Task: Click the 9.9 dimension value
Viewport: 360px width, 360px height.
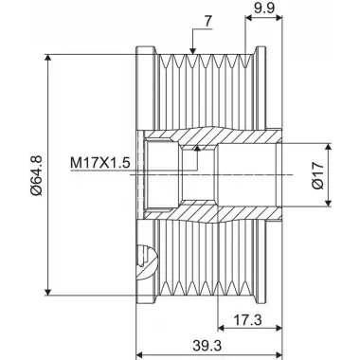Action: click(264, 7)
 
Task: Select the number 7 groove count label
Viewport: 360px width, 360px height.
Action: click(207, 21)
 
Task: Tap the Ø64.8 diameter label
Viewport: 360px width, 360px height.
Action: click(36, 175)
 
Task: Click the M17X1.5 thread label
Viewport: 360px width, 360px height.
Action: click(100, 163)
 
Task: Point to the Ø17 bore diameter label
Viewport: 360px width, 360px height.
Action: click(317, 175)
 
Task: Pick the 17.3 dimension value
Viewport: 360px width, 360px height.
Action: click(248, 320)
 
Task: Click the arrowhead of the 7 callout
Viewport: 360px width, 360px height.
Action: click(192, 50)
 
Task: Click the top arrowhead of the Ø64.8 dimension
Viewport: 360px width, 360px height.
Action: click(47, 58)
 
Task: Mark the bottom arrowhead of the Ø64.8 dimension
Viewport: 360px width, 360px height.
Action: click(47, 292)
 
